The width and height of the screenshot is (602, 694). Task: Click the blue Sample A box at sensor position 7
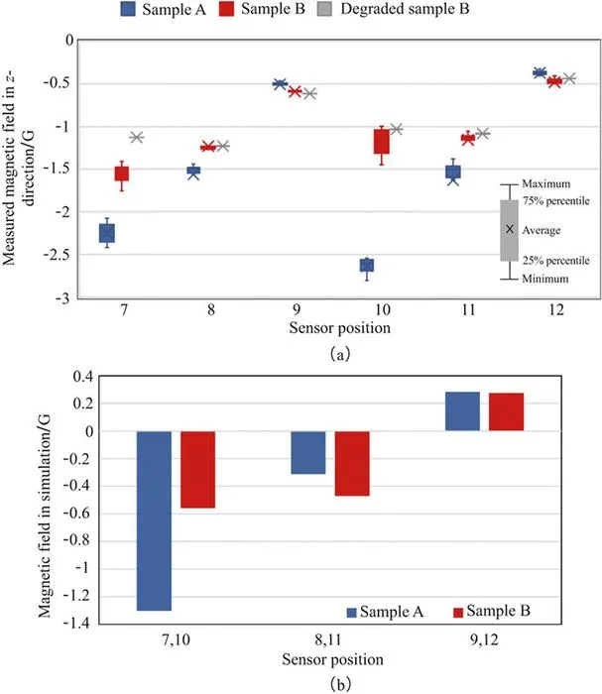[107, 233]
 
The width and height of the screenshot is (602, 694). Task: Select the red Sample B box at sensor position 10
[382, 142]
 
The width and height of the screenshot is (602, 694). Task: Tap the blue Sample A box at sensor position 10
[367, 265]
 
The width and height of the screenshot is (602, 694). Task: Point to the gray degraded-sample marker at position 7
[137, 137]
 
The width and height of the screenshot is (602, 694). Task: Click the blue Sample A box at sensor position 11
[453, 172]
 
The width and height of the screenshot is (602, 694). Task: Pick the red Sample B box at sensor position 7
[122, 173]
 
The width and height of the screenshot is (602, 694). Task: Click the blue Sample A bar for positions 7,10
[154, 520]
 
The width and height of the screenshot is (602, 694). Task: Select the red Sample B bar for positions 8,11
[352, 463]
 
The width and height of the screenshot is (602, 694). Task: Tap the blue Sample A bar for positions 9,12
[462, 411]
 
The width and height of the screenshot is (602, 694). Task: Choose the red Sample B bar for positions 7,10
[198, 470]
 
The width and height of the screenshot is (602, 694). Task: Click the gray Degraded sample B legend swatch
[325, 9]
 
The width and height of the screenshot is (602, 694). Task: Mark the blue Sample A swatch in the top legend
[128, 9]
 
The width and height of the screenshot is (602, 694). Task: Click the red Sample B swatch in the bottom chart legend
[458, 612]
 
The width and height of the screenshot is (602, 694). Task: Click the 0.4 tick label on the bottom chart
[83, 377]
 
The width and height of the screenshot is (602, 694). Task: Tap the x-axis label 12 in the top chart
[556, 309]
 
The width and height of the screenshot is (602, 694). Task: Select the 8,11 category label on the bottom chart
[328, 640]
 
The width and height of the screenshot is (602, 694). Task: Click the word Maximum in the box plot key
[546, 183]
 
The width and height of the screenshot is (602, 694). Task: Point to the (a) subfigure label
[340, 354]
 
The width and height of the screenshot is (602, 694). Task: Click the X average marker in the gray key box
[510, 229]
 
